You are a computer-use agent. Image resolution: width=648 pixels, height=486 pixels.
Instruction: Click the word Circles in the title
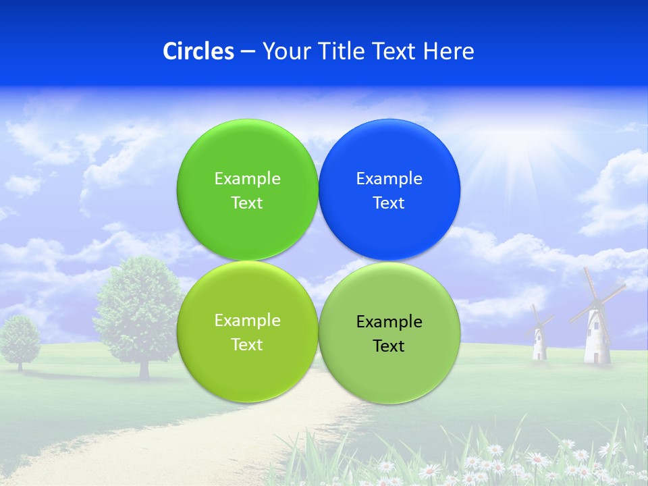(198, 51)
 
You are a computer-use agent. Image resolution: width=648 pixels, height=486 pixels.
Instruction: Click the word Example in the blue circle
(389, 179)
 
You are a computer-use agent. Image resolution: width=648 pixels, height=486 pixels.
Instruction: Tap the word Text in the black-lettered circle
(389, 346)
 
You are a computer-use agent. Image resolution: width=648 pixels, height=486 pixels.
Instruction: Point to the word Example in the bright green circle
(247, 179)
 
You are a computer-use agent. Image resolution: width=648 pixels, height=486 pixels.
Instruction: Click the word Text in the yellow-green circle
(247, 345)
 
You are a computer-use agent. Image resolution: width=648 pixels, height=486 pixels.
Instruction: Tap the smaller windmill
(539, 337)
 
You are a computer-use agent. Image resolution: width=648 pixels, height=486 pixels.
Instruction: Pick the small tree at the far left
(20, 337)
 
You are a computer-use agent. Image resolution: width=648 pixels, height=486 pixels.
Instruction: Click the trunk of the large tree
(144, 368)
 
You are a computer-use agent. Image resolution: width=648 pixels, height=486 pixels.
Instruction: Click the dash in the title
(248, 51)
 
